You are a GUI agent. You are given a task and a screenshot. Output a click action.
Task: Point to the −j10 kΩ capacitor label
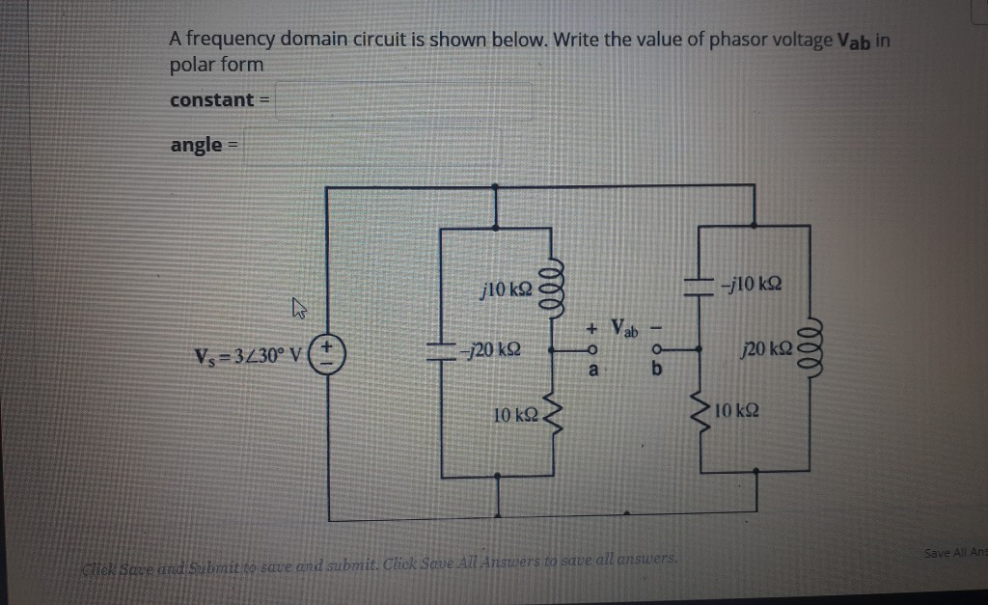click(x=755, y=283)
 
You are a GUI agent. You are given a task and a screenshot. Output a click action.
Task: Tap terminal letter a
click(x=595, y=370)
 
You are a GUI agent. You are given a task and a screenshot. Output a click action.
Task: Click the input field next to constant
click(x=403, y=100)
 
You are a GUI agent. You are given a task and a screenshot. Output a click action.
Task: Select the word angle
click(x=197, y=145)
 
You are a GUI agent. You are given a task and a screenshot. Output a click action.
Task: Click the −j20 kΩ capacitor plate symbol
click(x=441, y=348)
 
